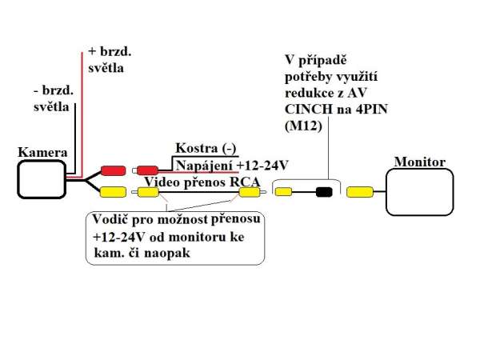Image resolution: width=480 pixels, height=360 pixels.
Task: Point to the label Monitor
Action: coord(419,162)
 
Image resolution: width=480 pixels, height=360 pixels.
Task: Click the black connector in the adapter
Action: coord(324,192)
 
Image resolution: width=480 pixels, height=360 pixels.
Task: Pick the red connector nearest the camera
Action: coord(112,170)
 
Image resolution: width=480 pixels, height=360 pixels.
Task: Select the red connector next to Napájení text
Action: coord(147,170)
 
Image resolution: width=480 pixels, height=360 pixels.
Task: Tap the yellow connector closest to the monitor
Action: coord(361,192)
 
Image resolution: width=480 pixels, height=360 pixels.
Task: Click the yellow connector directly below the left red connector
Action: coord(112,192)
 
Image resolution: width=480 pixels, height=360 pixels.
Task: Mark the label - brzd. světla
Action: coord(53,98)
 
